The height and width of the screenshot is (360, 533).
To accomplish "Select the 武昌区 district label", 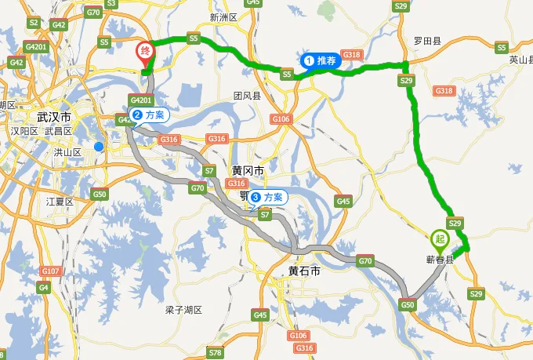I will click(58, 131).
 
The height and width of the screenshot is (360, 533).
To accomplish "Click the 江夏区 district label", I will click(60, 202).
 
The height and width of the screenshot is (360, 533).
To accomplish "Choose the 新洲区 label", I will click(223, 17).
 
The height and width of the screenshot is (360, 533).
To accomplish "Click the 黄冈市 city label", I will click(248, 170).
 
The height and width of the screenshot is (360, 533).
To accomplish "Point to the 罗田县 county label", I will click(427, 40).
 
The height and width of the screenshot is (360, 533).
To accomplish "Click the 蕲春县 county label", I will click(439, 258).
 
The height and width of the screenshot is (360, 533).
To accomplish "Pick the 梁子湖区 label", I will click(184, 310).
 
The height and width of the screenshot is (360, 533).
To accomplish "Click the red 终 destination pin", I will click(145, 53).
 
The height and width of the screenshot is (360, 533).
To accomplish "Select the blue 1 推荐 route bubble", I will click(321, 60).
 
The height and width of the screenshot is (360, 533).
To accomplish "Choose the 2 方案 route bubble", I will click(148, 115).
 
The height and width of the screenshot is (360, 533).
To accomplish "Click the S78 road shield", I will click(215, 353).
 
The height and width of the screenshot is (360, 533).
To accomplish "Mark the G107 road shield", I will click(50, 271).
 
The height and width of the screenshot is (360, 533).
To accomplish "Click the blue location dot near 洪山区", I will click(98, 146).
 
